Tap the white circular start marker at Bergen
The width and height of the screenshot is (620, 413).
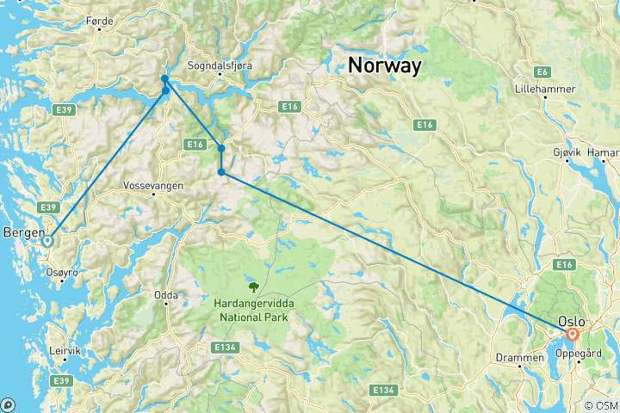48,242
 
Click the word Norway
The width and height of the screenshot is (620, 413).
384,65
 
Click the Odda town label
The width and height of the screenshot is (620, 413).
165,295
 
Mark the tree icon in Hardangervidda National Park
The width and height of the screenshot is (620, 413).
253,287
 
